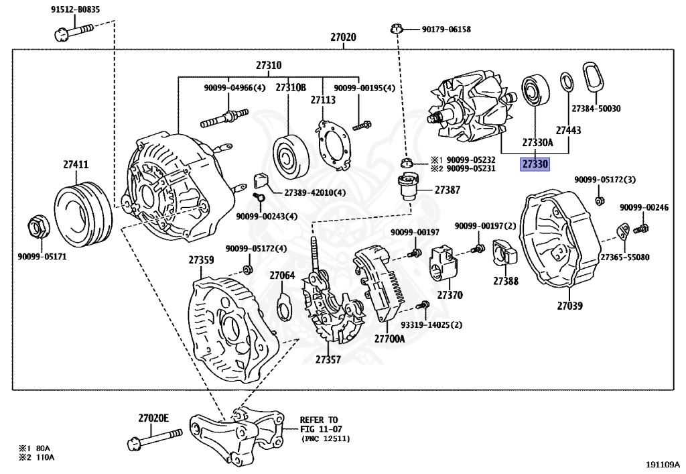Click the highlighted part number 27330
[535, 164]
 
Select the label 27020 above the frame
[343, 37]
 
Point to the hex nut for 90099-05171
[38, 227]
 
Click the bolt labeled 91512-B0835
[74, 32]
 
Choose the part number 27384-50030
[596, 109]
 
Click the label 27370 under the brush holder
[450, 296]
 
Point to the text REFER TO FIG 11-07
[321, 424]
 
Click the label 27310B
[291, 88]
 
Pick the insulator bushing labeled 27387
[407, 187]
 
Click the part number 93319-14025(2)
[432, 324]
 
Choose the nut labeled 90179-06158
[395, 29]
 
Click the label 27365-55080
[625, 257]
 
